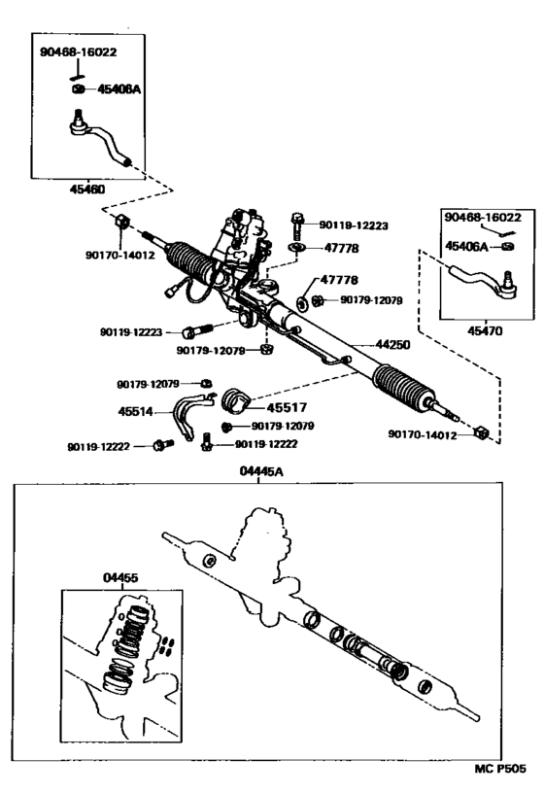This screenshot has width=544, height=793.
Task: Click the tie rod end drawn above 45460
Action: pos(101,141)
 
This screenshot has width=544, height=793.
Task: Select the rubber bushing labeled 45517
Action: pos(237,401)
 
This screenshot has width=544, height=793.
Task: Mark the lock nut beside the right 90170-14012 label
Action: pos(481,431)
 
